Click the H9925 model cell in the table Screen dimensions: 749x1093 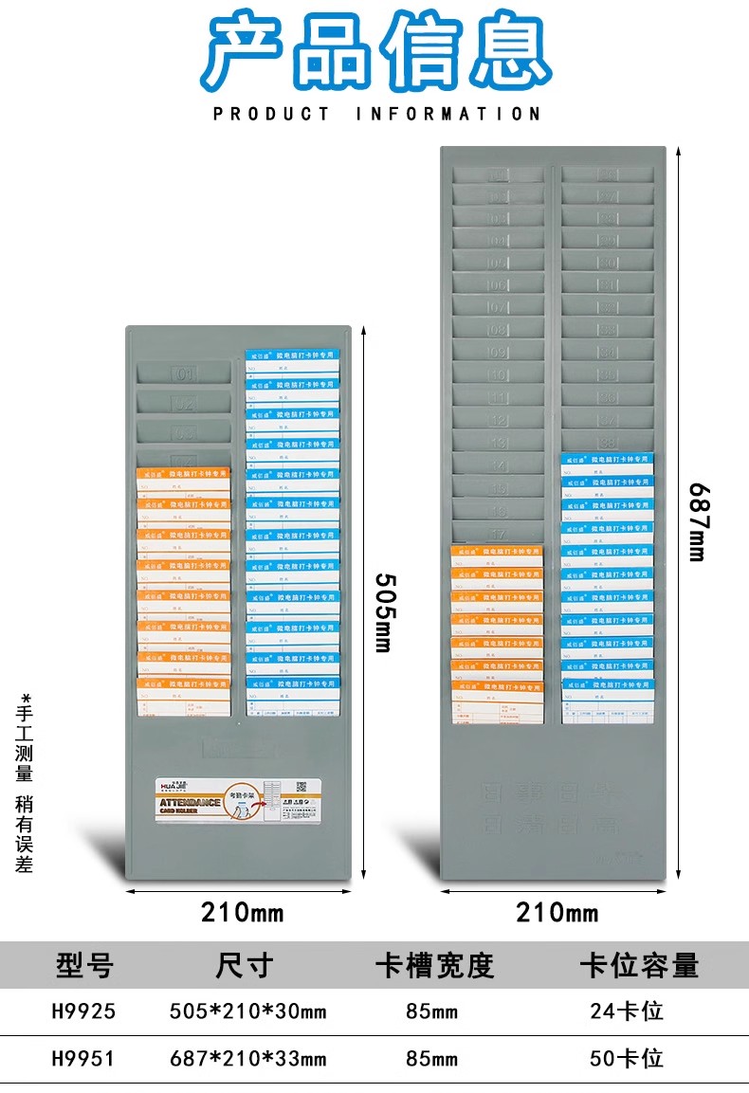pos(83,1011)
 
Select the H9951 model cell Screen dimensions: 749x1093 pos(83,1058)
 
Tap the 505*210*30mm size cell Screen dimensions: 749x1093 pos(247,1011)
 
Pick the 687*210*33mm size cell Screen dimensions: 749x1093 pos(247,1058)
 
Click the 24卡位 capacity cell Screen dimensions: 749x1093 pos(627,1011)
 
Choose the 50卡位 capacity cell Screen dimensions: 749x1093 pos(627,1058)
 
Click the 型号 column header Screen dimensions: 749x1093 pos(84,965)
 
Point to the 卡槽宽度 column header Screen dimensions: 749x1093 pos(435,965)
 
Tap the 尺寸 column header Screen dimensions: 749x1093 pos(245,965)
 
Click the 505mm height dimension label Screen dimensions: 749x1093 pos(383,611)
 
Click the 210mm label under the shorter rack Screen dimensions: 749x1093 pos(242,913)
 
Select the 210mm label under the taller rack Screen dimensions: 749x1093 pos(557,913)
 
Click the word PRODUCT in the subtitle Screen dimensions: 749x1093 pos(271,114)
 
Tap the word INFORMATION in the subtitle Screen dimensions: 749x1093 pos(448,114)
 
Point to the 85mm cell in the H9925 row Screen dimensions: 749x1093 pos(431,1011)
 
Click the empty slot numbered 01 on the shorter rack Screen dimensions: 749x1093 pos(184,373)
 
